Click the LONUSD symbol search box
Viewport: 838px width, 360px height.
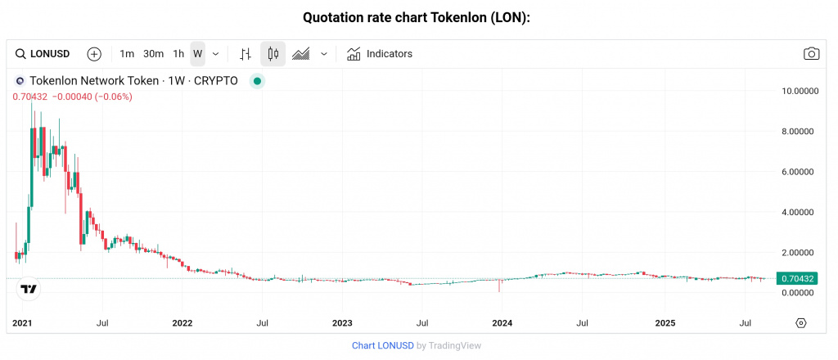pyautogui.click(x=43, y=54)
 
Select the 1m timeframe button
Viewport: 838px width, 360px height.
pyautogui.click(x=127, y=54)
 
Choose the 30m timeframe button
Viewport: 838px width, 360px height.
pyautogui.click(x=153, y=54)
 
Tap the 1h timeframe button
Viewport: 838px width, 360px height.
pyautogui.click(x=178, y=54)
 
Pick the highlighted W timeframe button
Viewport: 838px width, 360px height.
pyautogui.click(x=197, y=54)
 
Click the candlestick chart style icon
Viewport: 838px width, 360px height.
pyautogui.click(x=273, y=54)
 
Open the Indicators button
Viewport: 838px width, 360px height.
pyautogui.click(x=380, y=54)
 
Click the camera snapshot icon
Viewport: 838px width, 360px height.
pyautogui.click(x=811, y=54)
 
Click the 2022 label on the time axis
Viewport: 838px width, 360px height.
pyautogui.click(x=182, y=323)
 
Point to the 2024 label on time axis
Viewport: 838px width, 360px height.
pyautogui.click(x=502, y=323)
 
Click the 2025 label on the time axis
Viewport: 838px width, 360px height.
pyautogui.click(x=665, y=323)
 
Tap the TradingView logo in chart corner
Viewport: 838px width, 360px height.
pyautogui.click(x=29, y=289)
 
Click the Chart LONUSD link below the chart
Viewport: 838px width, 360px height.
pyautogui.click(x=382, y=345)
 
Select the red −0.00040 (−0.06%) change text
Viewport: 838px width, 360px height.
pyautogui.click(x=92, y=97)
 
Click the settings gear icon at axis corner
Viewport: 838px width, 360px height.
pyautogui.click(x=801, y=323)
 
